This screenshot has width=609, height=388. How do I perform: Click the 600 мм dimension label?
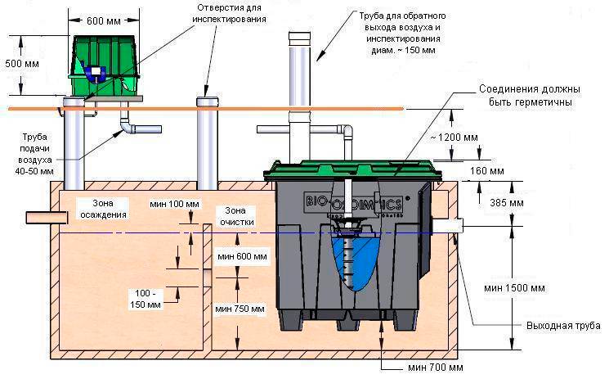tap(103, 20)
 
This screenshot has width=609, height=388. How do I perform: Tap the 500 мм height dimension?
tap(22, 63)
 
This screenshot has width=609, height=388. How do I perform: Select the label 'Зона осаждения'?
tap(103, 209)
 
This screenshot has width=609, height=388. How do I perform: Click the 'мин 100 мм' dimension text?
tap(174, 204)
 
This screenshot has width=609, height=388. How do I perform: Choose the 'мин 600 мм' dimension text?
tap(242, 256)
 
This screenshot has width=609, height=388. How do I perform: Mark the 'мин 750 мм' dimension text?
tap(240, 309)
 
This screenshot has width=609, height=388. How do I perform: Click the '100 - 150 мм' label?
tap(146, 299)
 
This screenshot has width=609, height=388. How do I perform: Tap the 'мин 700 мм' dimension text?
tap(436, 368)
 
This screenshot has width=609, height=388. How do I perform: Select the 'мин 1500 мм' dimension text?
tap(514, 288)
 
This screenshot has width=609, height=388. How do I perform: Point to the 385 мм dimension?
tap(507, 202)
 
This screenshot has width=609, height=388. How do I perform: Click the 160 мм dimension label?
tap(487, 171)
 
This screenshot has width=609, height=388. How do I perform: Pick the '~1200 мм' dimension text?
tap(454, 138)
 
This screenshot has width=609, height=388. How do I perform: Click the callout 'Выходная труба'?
tap(563, 326)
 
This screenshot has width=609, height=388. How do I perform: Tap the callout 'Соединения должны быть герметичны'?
tap(530, 96)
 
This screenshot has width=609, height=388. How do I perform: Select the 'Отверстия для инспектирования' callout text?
tap(229, 14)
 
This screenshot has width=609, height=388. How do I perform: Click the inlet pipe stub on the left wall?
tap(47, 218)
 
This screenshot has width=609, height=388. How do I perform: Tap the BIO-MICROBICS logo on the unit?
tap(354, 202)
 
